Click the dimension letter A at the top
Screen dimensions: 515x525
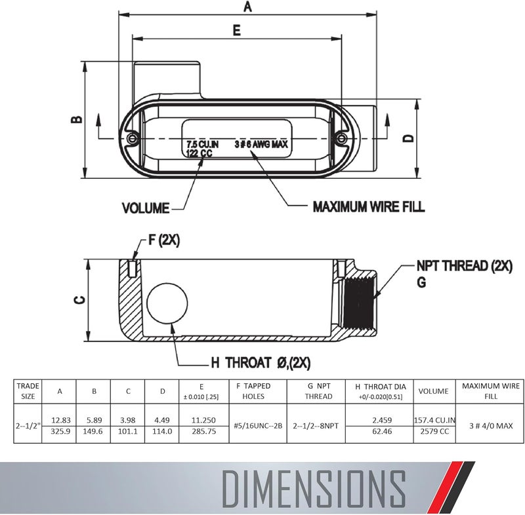point(247,7)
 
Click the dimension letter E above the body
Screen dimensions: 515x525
point(236,29)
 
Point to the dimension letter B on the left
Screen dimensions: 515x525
point(77,119)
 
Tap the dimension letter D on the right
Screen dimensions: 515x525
point(408,138)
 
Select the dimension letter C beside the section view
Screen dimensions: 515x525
point(79,299)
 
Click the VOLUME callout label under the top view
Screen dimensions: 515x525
point(146,208)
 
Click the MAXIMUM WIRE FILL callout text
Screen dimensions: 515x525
point(368,207)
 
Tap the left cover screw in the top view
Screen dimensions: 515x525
point(133,139)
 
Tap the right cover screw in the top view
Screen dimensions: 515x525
point(341,138)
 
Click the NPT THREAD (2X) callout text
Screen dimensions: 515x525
point(465,267)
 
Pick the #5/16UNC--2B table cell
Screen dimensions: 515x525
point(258,425)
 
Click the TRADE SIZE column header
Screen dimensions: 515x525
point(28,391)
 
